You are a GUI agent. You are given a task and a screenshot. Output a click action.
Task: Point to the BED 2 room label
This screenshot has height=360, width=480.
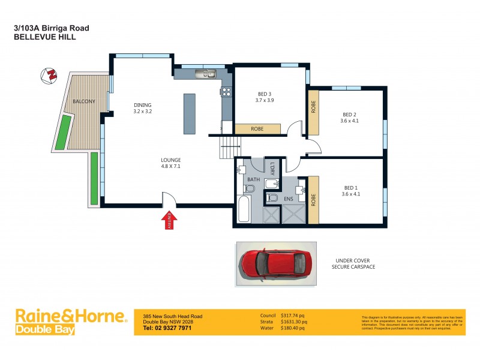click(x=349, y=118)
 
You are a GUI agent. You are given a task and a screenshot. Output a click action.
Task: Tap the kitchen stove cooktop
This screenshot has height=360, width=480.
click(x=227, y=92)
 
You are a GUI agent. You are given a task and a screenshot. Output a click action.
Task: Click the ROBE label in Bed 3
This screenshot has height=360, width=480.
click(x=257, y=128)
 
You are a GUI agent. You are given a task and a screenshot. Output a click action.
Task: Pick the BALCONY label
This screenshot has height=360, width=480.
click(x=83, y=101)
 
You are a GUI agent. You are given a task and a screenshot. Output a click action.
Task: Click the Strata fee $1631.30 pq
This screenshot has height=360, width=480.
click(x=294, y=322)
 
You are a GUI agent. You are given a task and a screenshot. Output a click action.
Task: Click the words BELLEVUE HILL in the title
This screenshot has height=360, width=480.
click(x=44, y=37)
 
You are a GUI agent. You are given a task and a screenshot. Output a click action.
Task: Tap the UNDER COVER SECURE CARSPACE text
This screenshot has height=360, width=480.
click(x=353, y=263)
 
